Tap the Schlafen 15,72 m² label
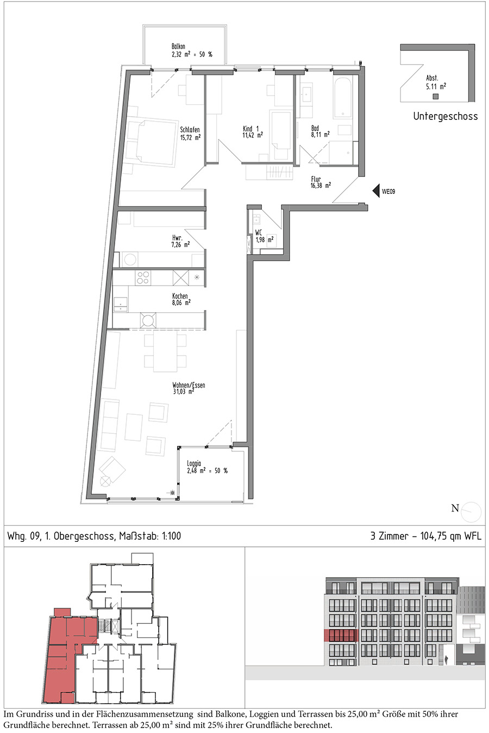click(x=190, y=134)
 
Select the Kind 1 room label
click(x=253, y=132)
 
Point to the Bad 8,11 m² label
click(x=320, y=131)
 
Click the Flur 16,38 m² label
click(x=321, y=182)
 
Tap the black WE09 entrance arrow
click(x=376, y=191)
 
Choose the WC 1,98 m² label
click(x=264, y=236)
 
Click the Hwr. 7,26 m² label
click(x=180, y=241)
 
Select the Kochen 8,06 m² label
click(x=181, y=299)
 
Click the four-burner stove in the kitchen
click(x=143, y=277)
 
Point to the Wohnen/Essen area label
click(x=189, y=388)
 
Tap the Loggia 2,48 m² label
click(x=207, y=467)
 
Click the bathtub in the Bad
click(x=343, y=97)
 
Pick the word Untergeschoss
click(x=446, y=116)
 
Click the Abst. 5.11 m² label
click(x=436, y=83)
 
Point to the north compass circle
click(x=471, y=512)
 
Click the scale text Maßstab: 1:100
click(x=150, y=536)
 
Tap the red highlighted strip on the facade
click(x=341, y=635)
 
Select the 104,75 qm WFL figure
click(x=451, y=536)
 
